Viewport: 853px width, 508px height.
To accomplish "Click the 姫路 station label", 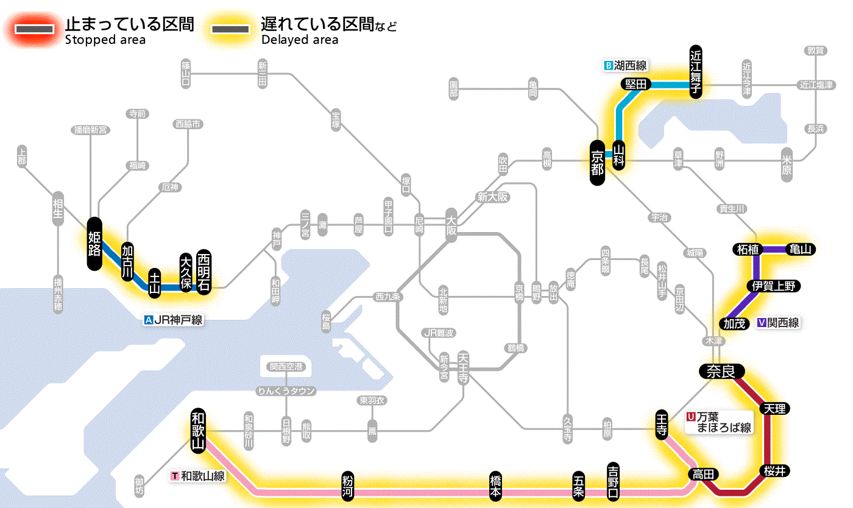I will [x=94, y=243].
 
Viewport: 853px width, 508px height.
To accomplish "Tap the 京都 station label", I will [x=597, y=162].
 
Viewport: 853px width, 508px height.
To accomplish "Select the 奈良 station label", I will [x=721, y=371].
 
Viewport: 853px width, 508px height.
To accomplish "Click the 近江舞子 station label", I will [x=696, y=71].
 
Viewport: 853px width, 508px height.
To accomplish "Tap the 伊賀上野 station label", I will [x=774, y=286].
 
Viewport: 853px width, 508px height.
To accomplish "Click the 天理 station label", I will [x=775, y=408].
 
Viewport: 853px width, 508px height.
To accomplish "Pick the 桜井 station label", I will [x=775, y=471].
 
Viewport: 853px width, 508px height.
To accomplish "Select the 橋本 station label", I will [x=496, y=485].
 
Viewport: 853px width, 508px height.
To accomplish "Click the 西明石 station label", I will [x=204, y=272].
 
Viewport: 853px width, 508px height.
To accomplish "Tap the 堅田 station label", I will [x=635, y=84].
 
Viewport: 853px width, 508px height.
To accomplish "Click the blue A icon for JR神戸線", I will [x=148, y=319].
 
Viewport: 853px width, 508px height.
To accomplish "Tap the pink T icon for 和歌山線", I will [x=175, y=476].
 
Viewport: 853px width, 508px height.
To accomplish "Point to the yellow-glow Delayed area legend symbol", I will [x=230, y=29].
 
